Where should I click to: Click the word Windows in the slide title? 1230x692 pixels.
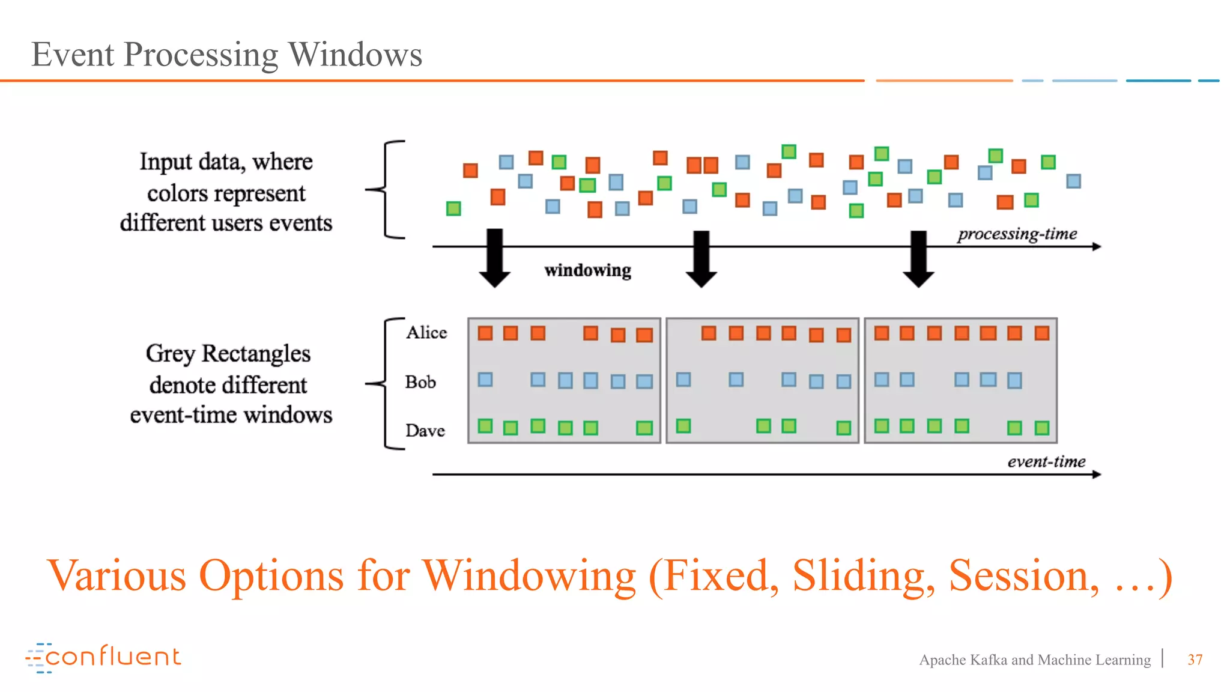356,55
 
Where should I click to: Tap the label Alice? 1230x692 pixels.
426,332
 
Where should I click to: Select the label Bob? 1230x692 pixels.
420,382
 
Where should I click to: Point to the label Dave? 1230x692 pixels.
425,431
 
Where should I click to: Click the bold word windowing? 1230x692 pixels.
587,270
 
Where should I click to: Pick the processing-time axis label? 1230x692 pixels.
1017,234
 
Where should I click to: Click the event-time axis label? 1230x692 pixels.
1046,461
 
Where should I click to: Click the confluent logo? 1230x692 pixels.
103,657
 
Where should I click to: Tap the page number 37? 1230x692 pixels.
1195,660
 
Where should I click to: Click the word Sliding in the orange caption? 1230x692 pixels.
863,576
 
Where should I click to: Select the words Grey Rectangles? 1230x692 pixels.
228,354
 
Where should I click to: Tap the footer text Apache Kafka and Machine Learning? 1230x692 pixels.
1034,660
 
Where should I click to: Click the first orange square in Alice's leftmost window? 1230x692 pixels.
485,333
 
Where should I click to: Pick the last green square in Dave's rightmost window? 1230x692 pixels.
1042,428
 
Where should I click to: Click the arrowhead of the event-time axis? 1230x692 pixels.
1097,475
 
